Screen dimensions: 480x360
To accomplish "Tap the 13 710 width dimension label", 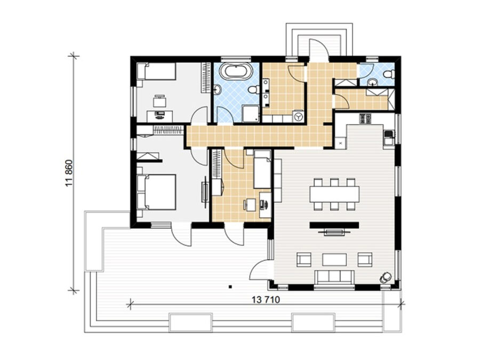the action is (x=266, y=300).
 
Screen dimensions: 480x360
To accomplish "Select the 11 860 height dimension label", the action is (x=69, y=173).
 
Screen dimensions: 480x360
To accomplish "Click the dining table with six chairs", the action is (x=334, y=194).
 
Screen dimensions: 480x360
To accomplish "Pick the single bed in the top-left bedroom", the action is (x=156, y=71).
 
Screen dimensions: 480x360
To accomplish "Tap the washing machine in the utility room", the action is (x=299, y=117).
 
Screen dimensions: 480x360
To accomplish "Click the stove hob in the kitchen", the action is (x=365, y=118).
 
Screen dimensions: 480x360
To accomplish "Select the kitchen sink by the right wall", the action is (x=388, y=137).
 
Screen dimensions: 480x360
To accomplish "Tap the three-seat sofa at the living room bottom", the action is (x=334, y=277).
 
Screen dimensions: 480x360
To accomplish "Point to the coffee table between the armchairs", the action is (x=334, y=260).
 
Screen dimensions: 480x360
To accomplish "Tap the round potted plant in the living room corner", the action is (x=385, y=277).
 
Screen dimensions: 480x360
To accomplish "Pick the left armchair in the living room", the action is (x=303, y=260).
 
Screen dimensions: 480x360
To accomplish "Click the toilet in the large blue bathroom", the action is (x=254, y=90).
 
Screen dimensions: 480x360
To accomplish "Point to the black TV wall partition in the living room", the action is (x=334, y=225).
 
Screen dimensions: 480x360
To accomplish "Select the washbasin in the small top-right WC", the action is (x=372, y=82).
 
